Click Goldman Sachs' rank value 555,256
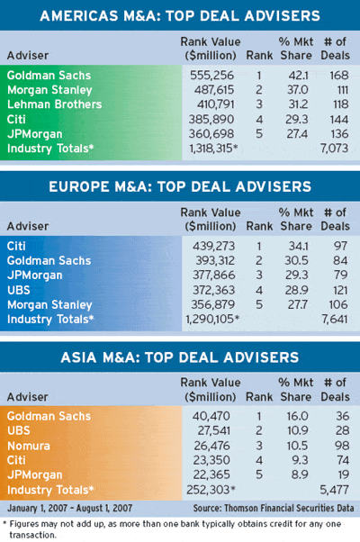(x=211, y=76)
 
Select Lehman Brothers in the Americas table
(x=55, y=104)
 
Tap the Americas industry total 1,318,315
(x=213, y=149)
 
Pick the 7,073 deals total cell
(x=334, y=149)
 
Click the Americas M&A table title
(x=180, y=16)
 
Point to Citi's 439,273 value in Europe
(x=213, y=246)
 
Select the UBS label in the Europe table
(x=19, y=290)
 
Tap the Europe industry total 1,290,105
(x=212, y=319)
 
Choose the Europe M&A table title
(x=180, y=186)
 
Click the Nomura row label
(x=29, y=446)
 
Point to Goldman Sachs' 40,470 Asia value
(x=211, y=416)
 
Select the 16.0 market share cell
(x=297, y=416)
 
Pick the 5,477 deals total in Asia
(x=334, y=490)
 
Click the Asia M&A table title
(x=180, y=357)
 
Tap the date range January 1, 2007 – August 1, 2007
(x=70, y=508)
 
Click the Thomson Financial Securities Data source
(x=274, y=508)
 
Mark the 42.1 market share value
(x=298, y=76)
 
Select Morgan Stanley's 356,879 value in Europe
(x=213, y=304)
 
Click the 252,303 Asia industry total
(x=211, y=490)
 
